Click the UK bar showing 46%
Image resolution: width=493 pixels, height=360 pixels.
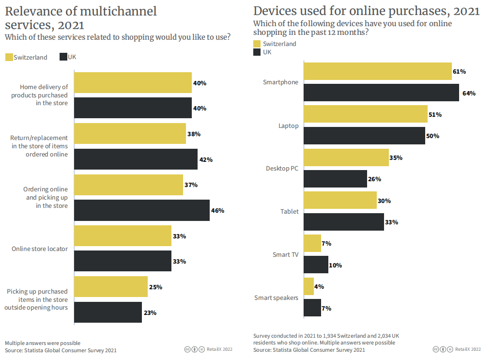(142, 210)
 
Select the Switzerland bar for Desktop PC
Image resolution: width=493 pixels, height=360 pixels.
(346, 157)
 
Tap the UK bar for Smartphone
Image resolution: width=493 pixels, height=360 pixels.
(381, 93)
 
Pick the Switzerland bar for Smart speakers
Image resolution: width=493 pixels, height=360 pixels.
(309, 286)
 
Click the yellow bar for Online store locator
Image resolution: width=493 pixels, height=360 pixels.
(123, 236)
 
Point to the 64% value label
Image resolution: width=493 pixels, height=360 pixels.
(469, 93)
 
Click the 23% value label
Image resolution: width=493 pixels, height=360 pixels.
(150, 313)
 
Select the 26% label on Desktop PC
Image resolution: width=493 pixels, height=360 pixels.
(374, 179)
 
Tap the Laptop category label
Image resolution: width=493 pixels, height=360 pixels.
(288, 125)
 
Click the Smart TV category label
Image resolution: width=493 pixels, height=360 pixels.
(285, 254)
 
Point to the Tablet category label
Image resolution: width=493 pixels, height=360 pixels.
(289, 211)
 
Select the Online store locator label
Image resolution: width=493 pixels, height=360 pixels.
(40, 249)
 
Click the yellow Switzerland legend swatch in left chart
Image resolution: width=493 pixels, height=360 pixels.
(9, 57)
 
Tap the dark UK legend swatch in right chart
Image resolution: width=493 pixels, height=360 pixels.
(257, 52)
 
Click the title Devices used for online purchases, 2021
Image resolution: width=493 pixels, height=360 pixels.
(367, 11)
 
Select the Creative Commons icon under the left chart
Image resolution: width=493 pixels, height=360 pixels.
(187, 349)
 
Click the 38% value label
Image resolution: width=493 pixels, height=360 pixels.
(194, 134)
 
